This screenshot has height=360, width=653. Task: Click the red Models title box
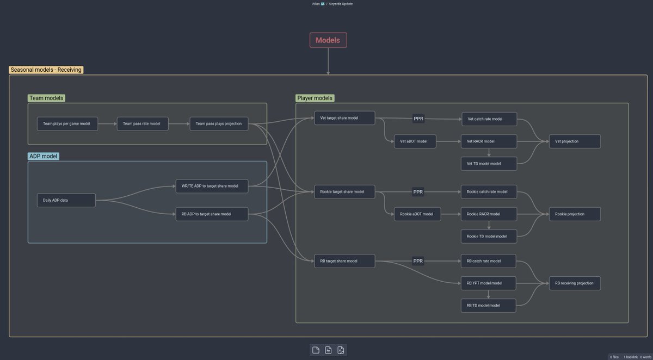pos(328,40)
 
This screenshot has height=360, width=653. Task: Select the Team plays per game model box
pos(67,124)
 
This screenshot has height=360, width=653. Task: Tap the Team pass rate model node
pos(141,124)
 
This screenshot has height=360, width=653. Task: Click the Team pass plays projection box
pos(219,124)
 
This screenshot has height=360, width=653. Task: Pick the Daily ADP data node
pos(66,200)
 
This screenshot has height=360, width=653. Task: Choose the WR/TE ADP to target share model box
pos(212,186)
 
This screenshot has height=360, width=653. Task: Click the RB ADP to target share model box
pos(212,214)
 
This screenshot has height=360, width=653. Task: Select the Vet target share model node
pos(344,118)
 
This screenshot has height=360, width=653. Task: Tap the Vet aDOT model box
pos(415,141)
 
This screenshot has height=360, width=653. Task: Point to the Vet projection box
pos(575,141)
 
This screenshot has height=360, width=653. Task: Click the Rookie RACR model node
pos(489,214)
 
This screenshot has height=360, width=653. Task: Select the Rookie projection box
pos(575,214)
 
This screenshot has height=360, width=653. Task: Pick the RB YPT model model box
pos(489,283)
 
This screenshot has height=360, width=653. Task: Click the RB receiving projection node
pos(575,283)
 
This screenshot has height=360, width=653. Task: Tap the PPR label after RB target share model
pos(418,261)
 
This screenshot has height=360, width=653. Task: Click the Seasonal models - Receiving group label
pos(46,70)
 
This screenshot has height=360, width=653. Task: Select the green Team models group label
pos(46,98)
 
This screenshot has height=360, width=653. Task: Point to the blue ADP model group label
pos(44,156)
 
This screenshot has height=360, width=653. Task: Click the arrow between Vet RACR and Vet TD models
pos(489,153)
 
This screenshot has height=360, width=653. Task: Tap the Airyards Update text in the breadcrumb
pos(341,4)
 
